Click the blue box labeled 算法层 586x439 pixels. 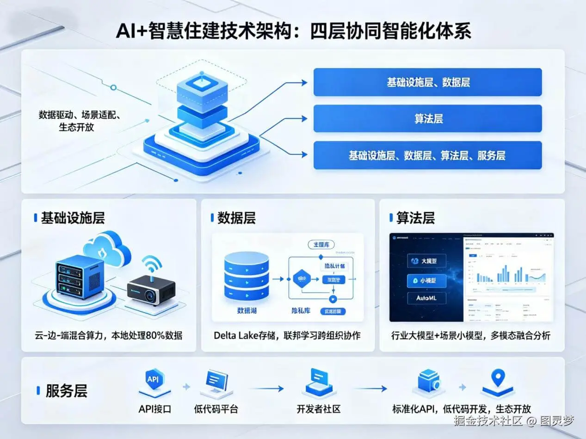(427, 119)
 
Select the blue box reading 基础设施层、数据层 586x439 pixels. (427, 82)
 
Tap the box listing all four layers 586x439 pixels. (427, 155)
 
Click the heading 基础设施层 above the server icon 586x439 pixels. (73, 218)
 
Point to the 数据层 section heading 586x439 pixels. (236, 218)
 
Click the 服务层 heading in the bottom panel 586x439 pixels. (66, 391)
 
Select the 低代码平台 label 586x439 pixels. (216, 409)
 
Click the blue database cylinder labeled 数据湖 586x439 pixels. (246, 276)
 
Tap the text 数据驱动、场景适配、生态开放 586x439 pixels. (80, 121)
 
